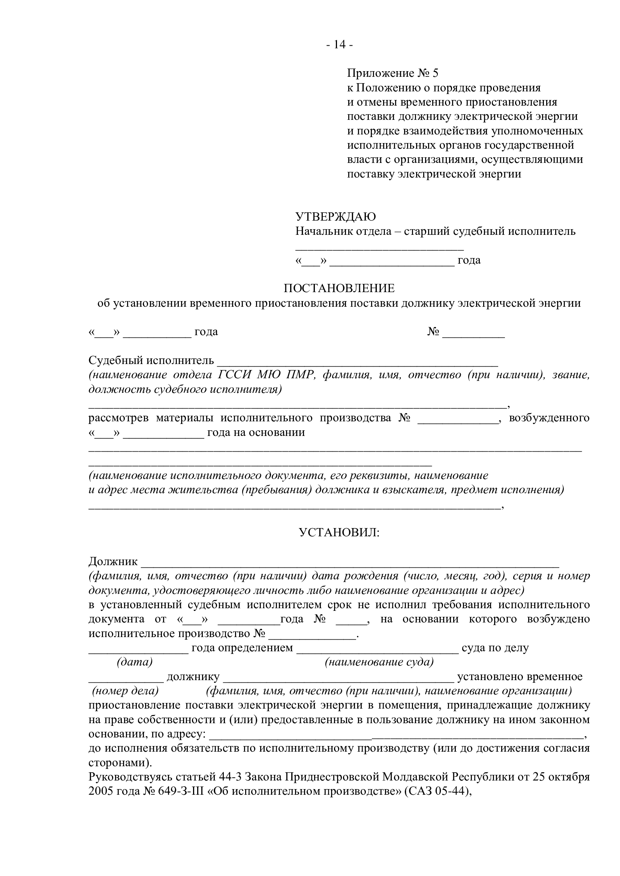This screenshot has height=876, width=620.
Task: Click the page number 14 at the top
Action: click(x=339, y=45)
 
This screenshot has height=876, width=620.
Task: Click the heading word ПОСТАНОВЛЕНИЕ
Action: click(x=339, y=288)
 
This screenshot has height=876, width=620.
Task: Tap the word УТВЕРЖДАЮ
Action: click(x=335, y=217)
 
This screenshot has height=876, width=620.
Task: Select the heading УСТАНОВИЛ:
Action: click(x=339, y=533)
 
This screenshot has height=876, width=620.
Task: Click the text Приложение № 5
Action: click(x=393, y=73)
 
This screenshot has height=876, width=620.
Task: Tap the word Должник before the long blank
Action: click(x=113, y=562)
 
